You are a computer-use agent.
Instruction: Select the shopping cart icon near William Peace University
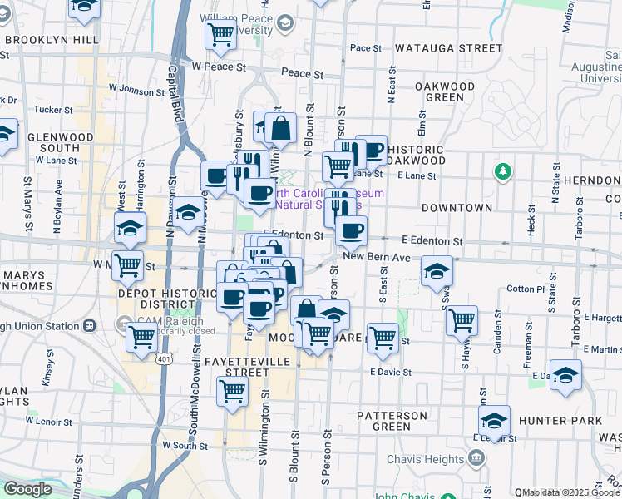coord(220,34)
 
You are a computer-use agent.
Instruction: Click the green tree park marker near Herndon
coord(501,172)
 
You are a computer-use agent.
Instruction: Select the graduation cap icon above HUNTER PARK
coord(494,418)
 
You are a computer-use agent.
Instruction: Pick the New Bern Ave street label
coord(377,258)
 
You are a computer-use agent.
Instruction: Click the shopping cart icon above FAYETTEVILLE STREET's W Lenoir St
coord(233,391)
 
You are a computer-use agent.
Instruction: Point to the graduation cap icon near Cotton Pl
coord(437,271)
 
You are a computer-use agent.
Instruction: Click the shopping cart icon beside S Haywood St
coord(462,319)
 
